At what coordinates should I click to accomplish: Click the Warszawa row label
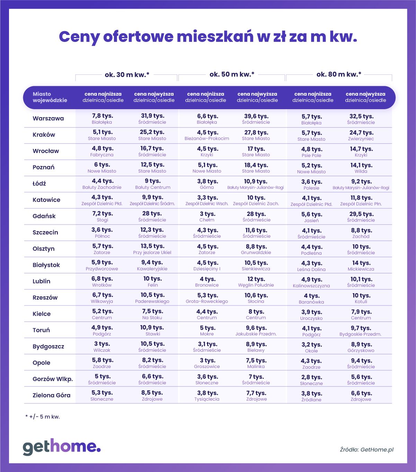[48, 119]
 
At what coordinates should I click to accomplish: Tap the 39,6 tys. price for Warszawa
[256, 116]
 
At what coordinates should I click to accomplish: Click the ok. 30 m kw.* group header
[127, 75]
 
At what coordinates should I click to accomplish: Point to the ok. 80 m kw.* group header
[339, 74]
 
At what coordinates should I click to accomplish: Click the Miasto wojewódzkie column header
[50, 97]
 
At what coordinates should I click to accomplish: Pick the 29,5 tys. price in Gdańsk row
[361, 214]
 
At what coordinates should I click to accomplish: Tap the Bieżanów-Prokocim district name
[207, 139]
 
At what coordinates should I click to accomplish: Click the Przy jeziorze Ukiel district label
[152, 253]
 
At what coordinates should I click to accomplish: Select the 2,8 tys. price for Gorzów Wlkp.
[311, 377]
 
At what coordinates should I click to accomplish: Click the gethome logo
[62, 447]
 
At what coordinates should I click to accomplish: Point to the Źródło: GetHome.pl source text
[366, 450]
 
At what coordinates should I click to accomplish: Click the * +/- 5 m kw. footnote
[43, 417]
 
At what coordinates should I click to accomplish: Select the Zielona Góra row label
[51, 395]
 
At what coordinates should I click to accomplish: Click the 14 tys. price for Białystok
[361, 263]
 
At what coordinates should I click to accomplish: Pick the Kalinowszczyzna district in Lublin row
[311, 286]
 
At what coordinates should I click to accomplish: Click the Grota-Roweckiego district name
[207, 301]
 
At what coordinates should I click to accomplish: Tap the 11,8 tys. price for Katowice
[361, 198]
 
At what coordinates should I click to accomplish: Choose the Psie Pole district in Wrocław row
[311, 156]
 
